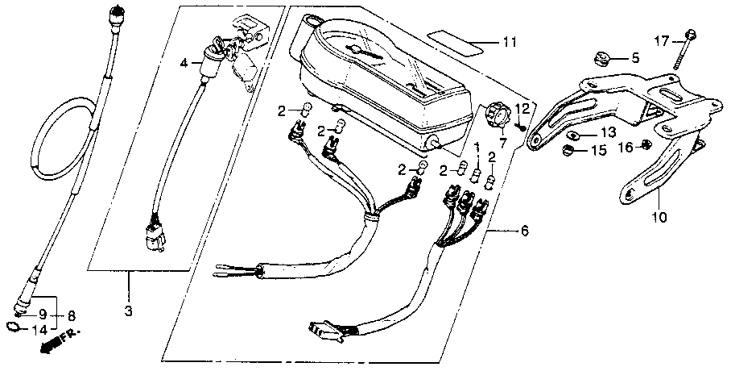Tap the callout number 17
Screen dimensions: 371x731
pyautogui.click(x=661, y=40)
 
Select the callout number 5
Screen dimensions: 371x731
pyautogui.click(x=634, y=58)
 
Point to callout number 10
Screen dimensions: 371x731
pyautogui.click(x=660, y=217)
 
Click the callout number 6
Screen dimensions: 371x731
pyautogui.click(x=525, y=231)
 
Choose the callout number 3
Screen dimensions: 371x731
pyautogui.click(x=129, y=311)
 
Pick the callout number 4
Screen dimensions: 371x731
pyautogui.click(x=184, y=61)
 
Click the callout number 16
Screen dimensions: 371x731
pyautogui.click(x=625, y=148)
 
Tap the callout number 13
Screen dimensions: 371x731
pyautogui.click(x=609, y=132)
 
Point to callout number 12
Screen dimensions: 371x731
pyautogui.click(x=522, y=108)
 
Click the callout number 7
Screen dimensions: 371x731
pyautogui.click(x=503, y=144)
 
